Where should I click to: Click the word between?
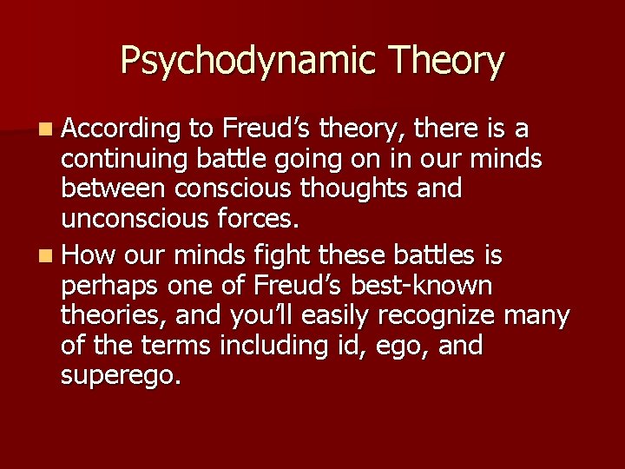tap(112, 190)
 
